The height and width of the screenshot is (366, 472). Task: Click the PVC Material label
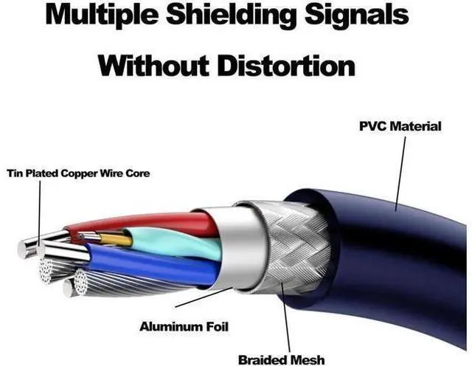coord(400,126)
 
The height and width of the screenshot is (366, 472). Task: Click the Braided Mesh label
coord(280,359)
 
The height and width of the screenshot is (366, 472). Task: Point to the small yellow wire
coord(114,239)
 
